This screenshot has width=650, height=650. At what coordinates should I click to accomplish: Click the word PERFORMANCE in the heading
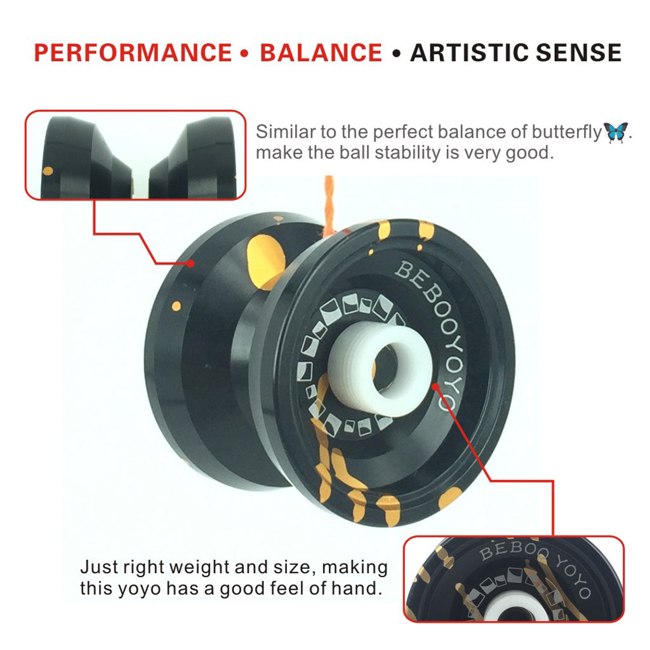[x=133, y=53]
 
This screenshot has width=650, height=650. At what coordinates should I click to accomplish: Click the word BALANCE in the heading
[x=321, y=53]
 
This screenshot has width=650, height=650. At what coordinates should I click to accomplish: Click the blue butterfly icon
[x=616, y=132]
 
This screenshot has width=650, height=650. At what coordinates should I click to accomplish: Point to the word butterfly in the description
[x=566, y=132]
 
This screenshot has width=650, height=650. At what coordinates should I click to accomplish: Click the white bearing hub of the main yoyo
[x=380, y=365]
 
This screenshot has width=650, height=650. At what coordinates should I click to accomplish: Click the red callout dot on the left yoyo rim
[x=190, y=263]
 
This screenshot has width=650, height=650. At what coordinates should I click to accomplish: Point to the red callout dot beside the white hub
[x=435, y=387]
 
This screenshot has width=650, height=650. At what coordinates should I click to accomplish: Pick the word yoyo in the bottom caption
[x=140, y=589]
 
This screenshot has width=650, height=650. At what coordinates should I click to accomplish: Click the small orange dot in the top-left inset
[x=48, y=171]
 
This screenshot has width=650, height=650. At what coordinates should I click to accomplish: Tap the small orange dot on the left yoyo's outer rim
[x=176, y=307]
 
